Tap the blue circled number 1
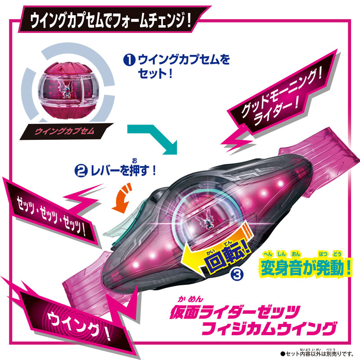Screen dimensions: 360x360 click(x=129, y=60)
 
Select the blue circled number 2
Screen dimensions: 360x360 click(x=81, y=171)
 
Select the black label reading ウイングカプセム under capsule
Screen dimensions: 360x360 click(x=65, y=131)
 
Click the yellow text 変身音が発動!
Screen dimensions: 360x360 click(x=306, y=268)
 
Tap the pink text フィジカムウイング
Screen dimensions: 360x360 click(x=269, y=329)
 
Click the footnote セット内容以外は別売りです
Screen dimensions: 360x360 click(x=319, y=354)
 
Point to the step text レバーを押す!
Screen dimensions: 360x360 click(x=123, y=171)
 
